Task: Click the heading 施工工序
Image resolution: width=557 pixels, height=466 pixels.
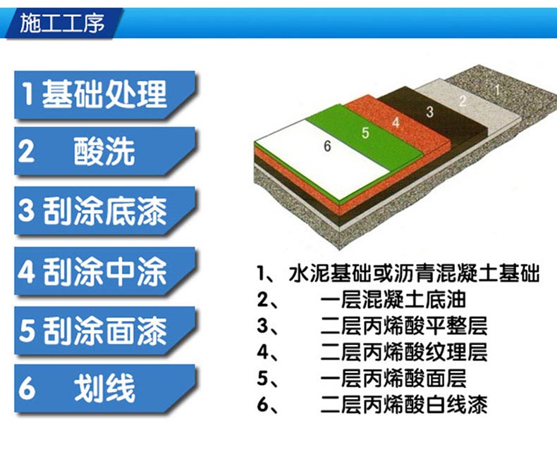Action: click(62, 24)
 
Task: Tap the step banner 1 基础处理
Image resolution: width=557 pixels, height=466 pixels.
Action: click(105, 95)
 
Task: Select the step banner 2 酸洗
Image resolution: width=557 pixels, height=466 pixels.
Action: click(105, 151)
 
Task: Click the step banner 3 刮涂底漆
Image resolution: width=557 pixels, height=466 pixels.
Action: click(105, 211)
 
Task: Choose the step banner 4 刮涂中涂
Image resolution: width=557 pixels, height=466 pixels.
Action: click(105, 271)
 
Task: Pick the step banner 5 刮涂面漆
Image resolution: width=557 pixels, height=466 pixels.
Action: click(105, 331)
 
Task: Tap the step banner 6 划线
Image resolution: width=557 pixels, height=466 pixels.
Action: click(105, 389)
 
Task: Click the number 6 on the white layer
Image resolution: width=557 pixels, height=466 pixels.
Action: click(327, 146)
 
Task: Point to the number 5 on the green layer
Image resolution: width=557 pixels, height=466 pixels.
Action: click(365, 133)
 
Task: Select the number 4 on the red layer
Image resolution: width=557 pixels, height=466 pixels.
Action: click(396, 122)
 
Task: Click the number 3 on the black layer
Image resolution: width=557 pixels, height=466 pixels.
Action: click(429, 112)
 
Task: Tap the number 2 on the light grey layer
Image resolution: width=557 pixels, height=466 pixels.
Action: click(462, 101)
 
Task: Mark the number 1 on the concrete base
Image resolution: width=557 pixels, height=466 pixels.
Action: click(497, 89)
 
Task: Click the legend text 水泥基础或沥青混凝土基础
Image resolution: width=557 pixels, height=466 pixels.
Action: click(414, 273)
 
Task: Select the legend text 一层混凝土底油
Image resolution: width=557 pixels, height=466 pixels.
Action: click(393, 300)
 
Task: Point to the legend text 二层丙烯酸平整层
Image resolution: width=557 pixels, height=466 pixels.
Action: click(403, 326)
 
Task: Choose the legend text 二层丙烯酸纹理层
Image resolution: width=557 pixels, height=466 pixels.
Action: click(403, 352)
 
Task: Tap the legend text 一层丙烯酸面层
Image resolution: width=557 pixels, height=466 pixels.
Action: click(393, 379)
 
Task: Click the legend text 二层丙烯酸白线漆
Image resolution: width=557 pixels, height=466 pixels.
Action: click(403, 405)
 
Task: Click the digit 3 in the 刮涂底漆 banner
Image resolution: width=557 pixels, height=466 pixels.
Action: click(26, 211)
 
